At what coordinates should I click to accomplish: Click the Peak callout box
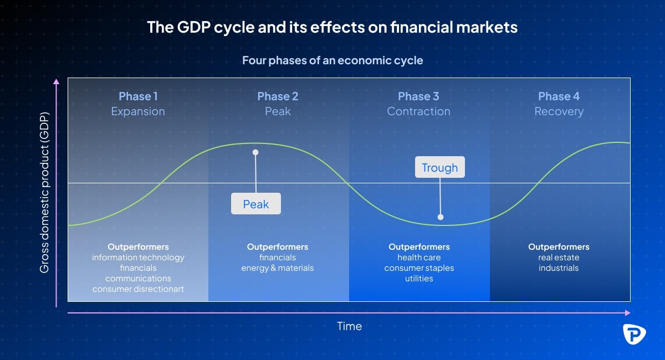pyautogui.click(x=256, y=204)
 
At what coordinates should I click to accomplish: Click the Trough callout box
pyautogui.click(x=440, y=167)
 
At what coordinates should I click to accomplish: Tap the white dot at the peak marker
pyautogui.click(x=255, y=152)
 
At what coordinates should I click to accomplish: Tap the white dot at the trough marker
pyautogui.click(x=441, y=217)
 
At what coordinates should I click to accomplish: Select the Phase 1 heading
pyautogui.click(x=138, y=96)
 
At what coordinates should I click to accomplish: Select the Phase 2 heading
pyautogui.click(x=278, y=96)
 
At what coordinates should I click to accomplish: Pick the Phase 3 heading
pyautogui.click(x=418, y=96)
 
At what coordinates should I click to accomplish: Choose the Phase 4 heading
pyautogui.click(x=559, y=96)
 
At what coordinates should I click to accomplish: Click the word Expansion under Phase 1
pyautogui.click(x=138, y=111)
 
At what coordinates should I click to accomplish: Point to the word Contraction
pyautogui.click(x=418, y=111)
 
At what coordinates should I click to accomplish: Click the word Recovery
pyautogui.click(x=559, y=111)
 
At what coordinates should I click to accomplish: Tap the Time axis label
pyautogui.click(x=350, y=326)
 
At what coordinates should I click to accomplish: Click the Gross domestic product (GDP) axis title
pyautogui.click(x=44, y=192)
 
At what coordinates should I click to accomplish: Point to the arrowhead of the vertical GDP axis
pyautogui.click(x=56, y=81)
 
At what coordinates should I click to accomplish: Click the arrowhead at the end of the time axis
pyautogui.click(x=627, y=313)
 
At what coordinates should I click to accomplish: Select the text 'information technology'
pyautogui.click(x=138, y=258)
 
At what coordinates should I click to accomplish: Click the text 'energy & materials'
pyautogui.click(x=278, y=268)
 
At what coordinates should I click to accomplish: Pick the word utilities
pyautogui.click(x=419, y=279)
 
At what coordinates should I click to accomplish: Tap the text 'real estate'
pyautogui.click(x=559, y=258)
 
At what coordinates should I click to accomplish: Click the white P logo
pyautogui.click(x=634, y=334)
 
